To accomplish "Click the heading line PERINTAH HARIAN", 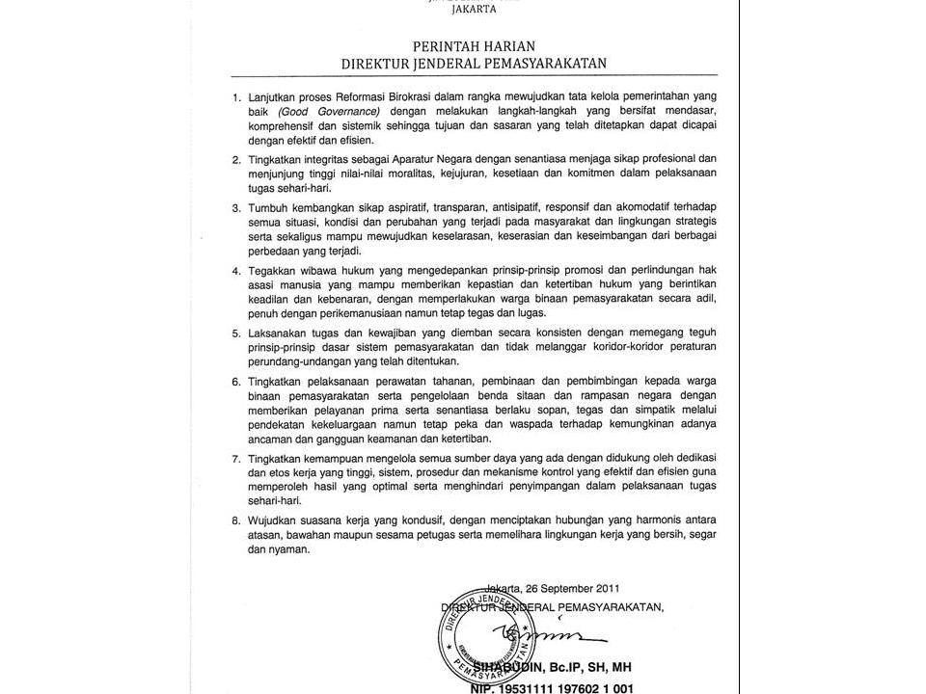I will (x=474, y=45).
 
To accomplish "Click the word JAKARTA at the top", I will (x=474, y=12).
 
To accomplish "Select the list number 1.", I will (x=235, y=98).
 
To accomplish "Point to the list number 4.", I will (x=235, y=271).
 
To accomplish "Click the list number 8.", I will (x=235, y=520).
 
